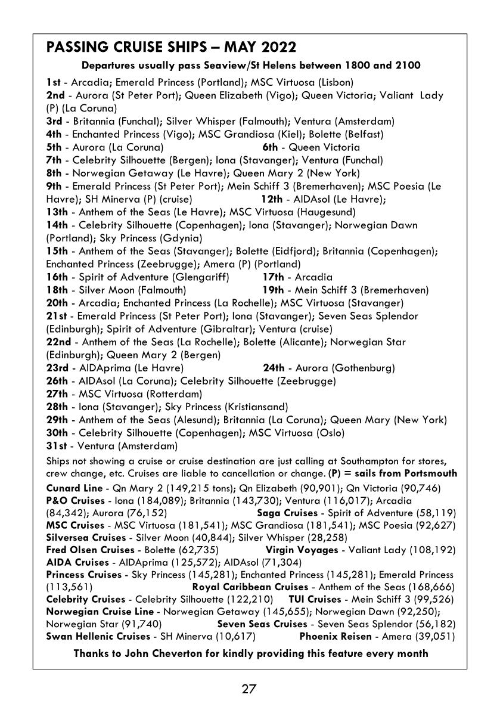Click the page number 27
click(x=249, y=690)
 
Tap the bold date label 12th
click(x=271, y=199)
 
